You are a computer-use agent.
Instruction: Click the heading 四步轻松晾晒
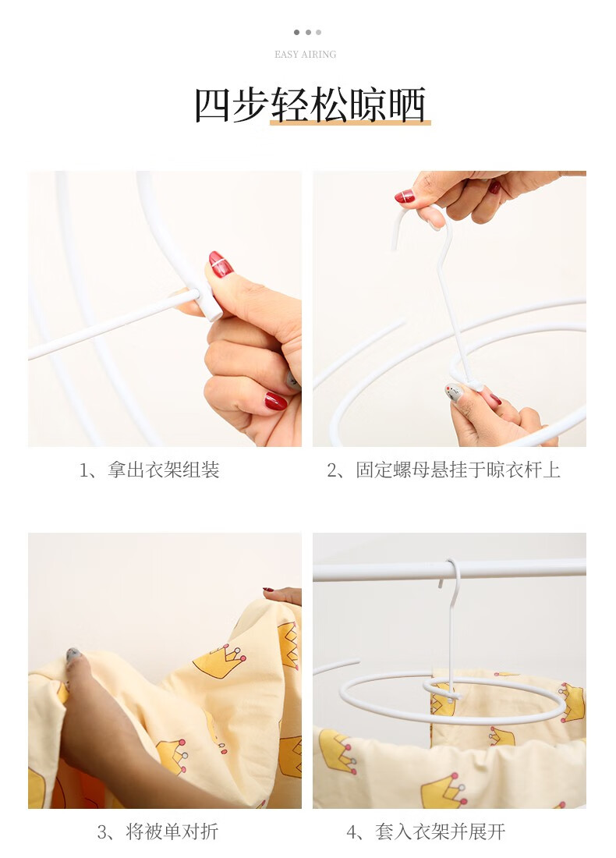(310, 105)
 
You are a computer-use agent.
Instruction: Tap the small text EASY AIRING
(305, 54)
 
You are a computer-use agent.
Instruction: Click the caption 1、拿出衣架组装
(150, 470)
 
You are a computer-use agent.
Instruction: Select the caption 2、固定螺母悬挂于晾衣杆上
(444, 470)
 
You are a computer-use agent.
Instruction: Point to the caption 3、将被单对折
(158, 831)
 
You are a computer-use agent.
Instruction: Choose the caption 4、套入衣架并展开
(426, 831)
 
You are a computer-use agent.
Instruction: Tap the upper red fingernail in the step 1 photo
(221, 264)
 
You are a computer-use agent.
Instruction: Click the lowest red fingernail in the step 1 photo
(276, 401)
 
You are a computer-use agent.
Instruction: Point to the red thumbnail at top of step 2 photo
(404, 197)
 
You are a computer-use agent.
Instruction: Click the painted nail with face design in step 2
(455, 392)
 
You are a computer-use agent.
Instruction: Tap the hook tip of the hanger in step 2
(394, 247)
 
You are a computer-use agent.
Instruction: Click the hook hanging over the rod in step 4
(454, 580)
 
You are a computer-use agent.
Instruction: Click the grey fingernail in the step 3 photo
(73, 654)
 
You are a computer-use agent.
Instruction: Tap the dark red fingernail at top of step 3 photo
(268, 590)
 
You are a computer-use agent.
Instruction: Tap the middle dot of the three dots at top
(308, 32)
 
